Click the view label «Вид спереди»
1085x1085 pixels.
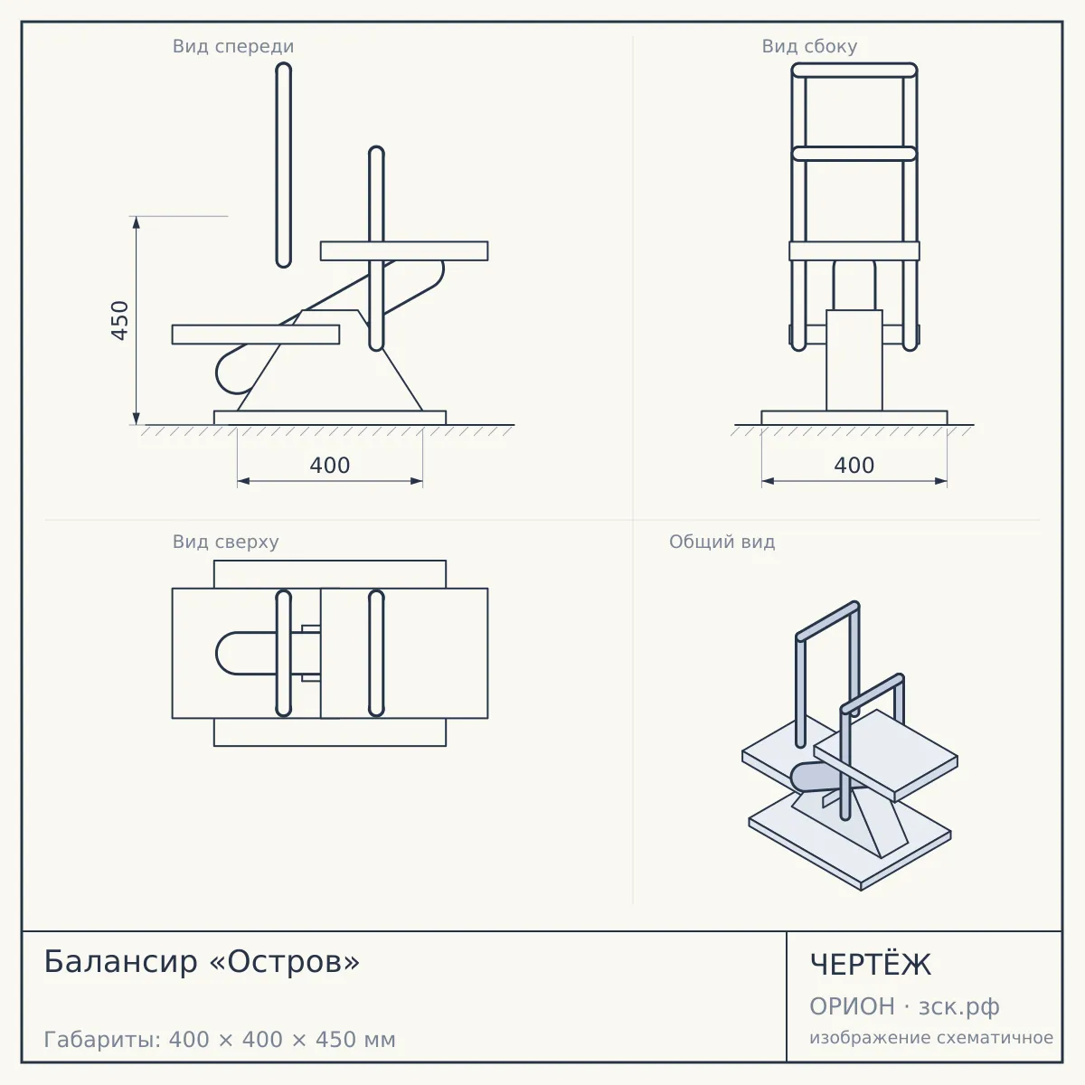point(233,46)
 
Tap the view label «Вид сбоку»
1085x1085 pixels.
point(809,46)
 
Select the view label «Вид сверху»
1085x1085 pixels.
point(225,542)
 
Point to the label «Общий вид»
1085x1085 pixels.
point(722,542)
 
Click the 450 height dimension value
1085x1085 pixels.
point(120,320)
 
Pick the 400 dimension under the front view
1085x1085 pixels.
point(330,465)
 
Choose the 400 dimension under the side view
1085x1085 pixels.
point(854,465)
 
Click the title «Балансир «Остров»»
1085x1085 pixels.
point(202,962)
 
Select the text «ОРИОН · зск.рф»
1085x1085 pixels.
point(904,1006)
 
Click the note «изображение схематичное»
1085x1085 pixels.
point(931,1037)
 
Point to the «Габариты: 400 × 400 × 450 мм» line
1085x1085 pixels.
point(220,1040)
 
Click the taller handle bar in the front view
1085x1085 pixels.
point(284,165)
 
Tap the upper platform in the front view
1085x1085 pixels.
point(404,251)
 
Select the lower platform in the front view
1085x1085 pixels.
point(256,335)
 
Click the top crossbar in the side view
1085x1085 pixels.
point(854,71)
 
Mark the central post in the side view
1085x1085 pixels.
point(854,361)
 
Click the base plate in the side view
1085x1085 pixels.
point(854,418)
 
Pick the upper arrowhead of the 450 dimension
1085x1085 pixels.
point(137,222)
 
